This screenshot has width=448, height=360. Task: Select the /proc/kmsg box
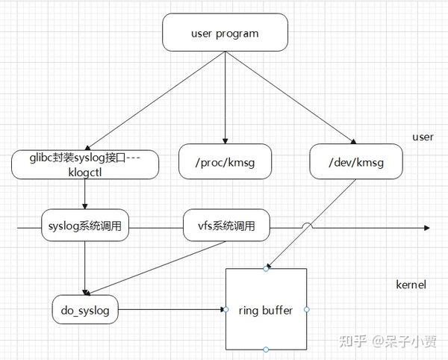pos(225,161)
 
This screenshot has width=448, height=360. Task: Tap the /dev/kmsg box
pos(355,161)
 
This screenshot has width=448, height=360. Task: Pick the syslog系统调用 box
pos(84,226)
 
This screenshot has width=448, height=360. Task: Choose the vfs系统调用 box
pos(226,226)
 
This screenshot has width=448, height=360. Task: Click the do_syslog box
pos(85,309)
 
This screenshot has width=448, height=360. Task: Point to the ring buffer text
pos(266,310)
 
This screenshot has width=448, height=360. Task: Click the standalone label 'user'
pos(423,137)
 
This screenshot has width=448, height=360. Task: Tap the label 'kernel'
pos(411,285)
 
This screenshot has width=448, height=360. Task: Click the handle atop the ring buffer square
pos(266,269)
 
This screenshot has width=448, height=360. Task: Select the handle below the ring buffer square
pos(266,349)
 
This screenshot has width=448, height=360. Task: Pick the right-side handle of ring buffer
pos(306,308)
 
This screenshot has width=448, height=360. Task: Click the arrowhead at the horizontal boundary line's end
pos(426,226)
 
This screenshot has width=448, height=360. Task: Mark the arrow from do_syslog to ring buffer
pos(172,308)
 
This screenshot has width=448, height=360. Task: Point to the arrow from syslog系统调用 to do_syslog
pos(84,265)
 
